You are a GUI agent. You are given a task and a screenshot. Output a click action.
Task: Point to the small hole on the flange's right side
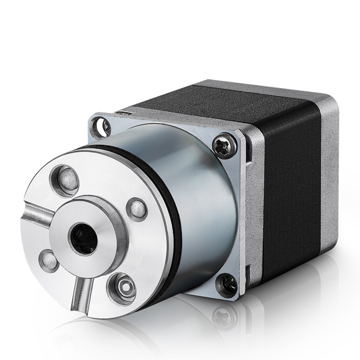click(x=137, y=209)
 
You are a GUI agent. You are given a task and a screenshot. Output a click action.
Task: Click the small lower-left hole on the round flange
click(x=49, y=261)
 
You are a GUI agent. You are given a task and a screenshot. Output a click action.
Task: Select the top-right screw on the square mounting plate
click(x=225, y=145)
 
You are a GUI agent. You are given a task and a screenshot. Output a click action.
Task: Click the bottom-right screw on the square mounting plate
click(x=226, y=284)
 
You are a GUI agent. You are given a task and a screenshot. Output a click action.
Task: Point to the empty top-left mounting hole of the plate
click(x=100, y=127)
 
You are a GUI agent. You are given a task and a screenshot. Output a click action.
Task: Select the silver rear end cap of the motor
click(x=331, y=180)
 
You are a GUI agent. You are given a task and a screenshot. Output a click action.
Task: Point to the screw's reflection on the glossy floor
click(x=224, y=316)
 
